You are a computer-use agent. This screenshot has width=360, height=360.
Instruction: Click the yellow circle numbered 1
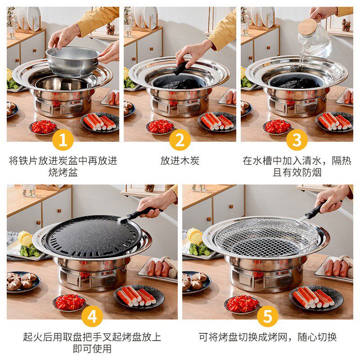[x=63, y=140]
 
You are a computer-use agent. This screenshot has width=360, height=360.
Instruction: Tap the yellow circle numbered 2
[x=180, y=140]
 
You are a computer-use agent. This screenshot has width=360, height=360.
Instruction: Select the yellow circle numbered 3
[x=297, y=140]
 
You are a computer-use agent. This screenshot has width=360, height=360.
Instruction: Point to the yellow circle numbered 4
[x=92, y=317]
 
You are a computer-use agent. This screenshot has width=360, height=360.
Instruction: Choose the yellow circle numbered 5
[x=267, y=317]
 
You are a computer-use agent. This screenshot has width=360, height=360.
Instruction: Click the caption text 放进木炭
[x=180, y=161]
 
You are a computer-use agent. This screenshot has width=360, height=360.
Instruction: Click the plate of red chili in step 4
[x=70, y=302]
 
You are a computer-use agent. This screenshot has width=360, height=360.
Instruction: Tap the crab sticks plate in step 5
[x=315, y=298]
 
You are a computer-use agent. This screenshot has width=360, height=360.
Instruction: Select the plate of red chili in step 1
[x=43, y=127]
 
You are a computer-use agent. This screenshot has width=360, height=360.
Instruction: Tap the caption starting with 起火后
[x=92, y=342]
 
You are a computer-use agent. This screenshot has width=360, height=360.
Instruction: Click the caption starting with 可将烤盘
[x=267, y=337]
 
